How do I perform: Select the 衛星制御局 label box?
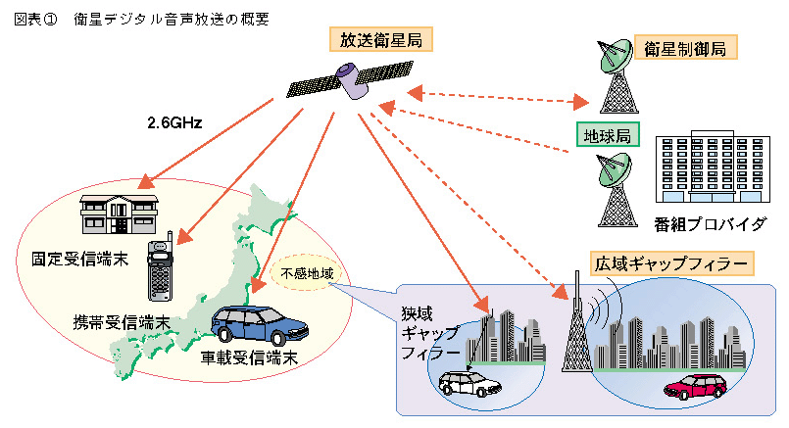pos(685,48)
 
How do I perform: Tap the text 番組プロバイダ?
pos(710,223)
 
